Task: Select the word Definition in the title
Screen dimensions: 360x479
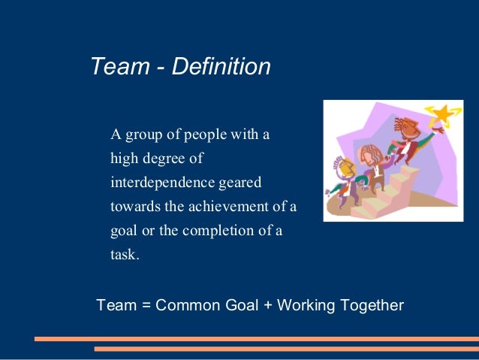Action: click(221, 67)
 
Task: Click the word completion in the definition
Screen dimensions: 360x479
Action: click(216, 231)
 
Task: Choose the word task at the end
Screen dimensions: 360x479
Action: click(124, 255)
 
